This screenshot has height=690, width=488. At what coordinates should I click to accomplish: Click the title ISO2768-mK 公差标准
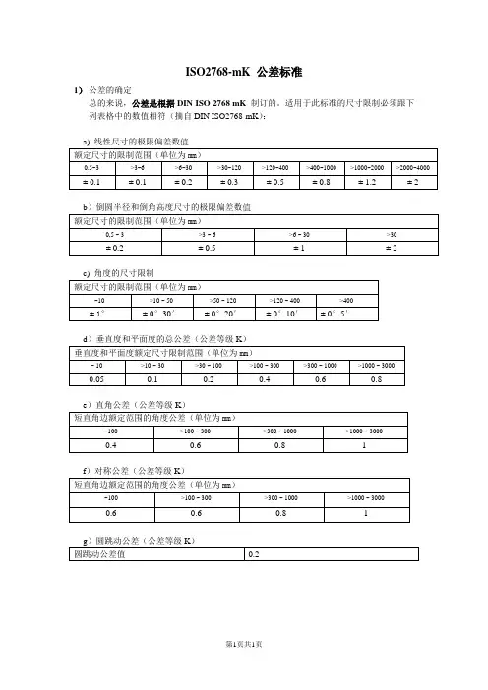coord(243,73)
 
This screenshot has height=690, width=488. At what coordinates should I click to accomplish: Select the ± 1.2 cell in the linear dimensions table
coord(367,182)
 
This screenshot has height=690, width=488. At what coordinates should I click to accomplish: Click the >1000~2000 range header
coord(367,168)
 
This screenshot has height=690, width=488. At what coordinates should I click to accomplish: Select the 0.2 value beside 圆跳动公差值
coord(254,556)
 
